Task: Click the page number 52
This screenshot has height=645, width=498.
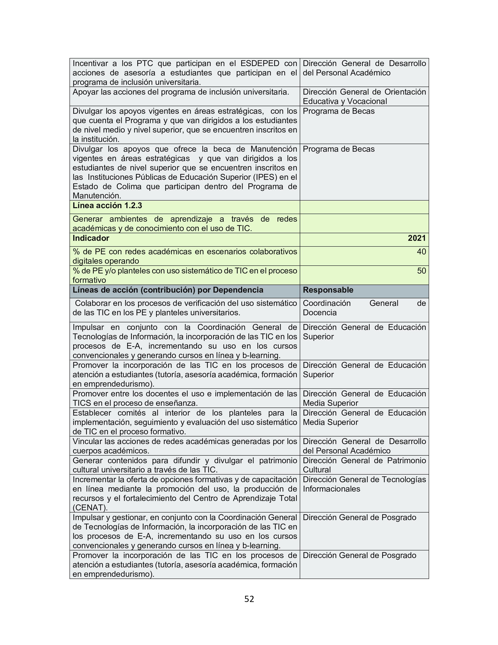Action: (x=249, y=599)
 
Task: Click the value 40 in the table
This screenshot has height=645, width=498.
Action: (x=421, y=252)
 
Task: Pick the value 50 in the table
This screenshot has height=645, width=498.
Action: (x=421, y=271)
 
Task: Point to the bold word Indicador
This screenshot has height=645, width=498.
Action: (x=91, y=238)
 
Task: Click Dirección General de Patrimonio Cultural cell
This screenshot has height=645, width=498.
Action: (x=364, y=465)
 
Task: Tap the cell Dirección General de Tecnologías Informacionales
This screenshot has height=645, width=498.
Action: (x=364, y=484)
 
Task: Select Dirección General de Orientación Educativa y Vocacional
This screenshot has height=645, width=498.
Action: (x=364, y=97)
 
